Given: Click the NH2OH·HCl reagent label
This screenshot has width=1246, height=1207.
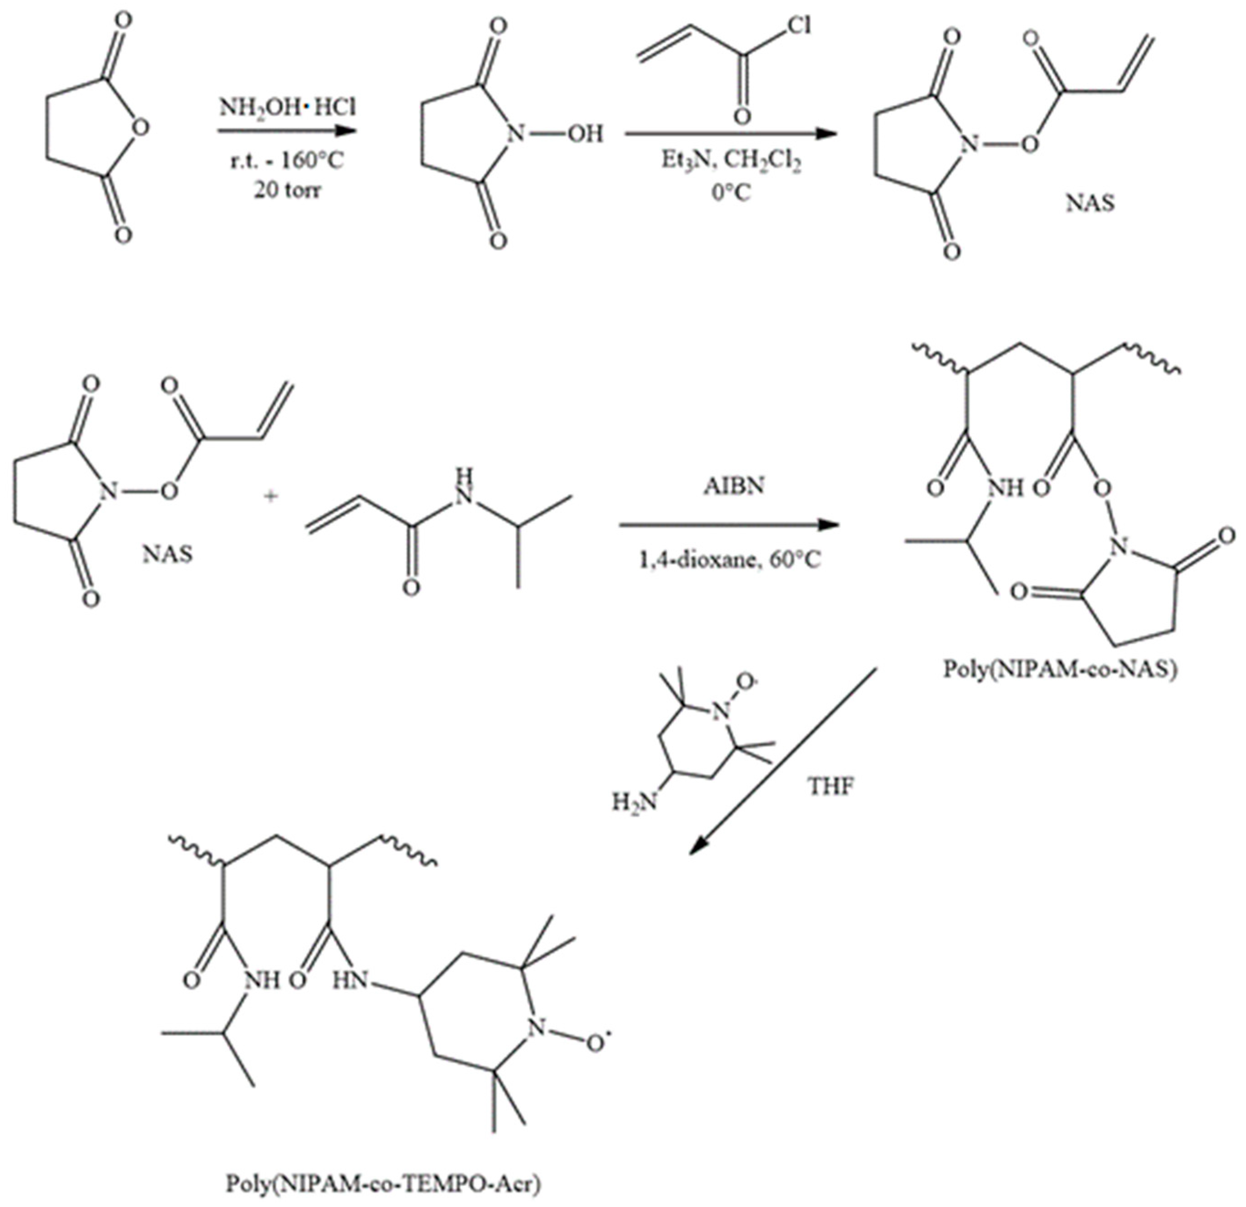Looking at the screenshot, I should [287, 107].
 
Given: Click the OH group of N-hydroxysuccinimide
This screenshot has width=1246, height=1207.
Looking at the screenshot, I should [584, 134].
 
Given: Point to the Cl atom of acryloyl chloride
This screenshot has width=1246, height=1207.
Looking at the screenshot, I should [798, 25].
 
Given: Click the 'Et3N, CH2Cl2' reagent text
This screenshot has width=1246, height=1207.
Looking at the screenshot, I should [731, 161].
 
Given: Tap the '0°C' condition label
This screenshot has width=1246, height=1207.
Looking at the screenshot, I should [731, 191].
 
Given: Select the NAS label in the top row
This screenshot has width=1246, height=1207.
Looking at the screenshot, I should [1090, 204].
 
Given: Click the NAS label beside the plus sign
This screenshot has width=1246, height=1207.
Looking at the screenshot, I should [168, 553].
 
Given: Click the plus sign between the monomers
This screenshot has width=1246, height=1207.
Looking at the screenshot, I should [271, 497].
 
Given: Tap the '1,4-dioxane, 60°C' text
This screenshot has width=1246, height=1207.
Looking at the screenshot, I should [730, 560].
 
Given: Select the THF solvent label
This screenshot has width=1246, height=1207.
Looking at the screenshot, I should [831, 787].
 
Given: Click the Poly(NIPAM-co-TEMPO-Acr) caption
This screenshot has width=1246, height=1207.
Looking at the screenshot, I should [385, 1184].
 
